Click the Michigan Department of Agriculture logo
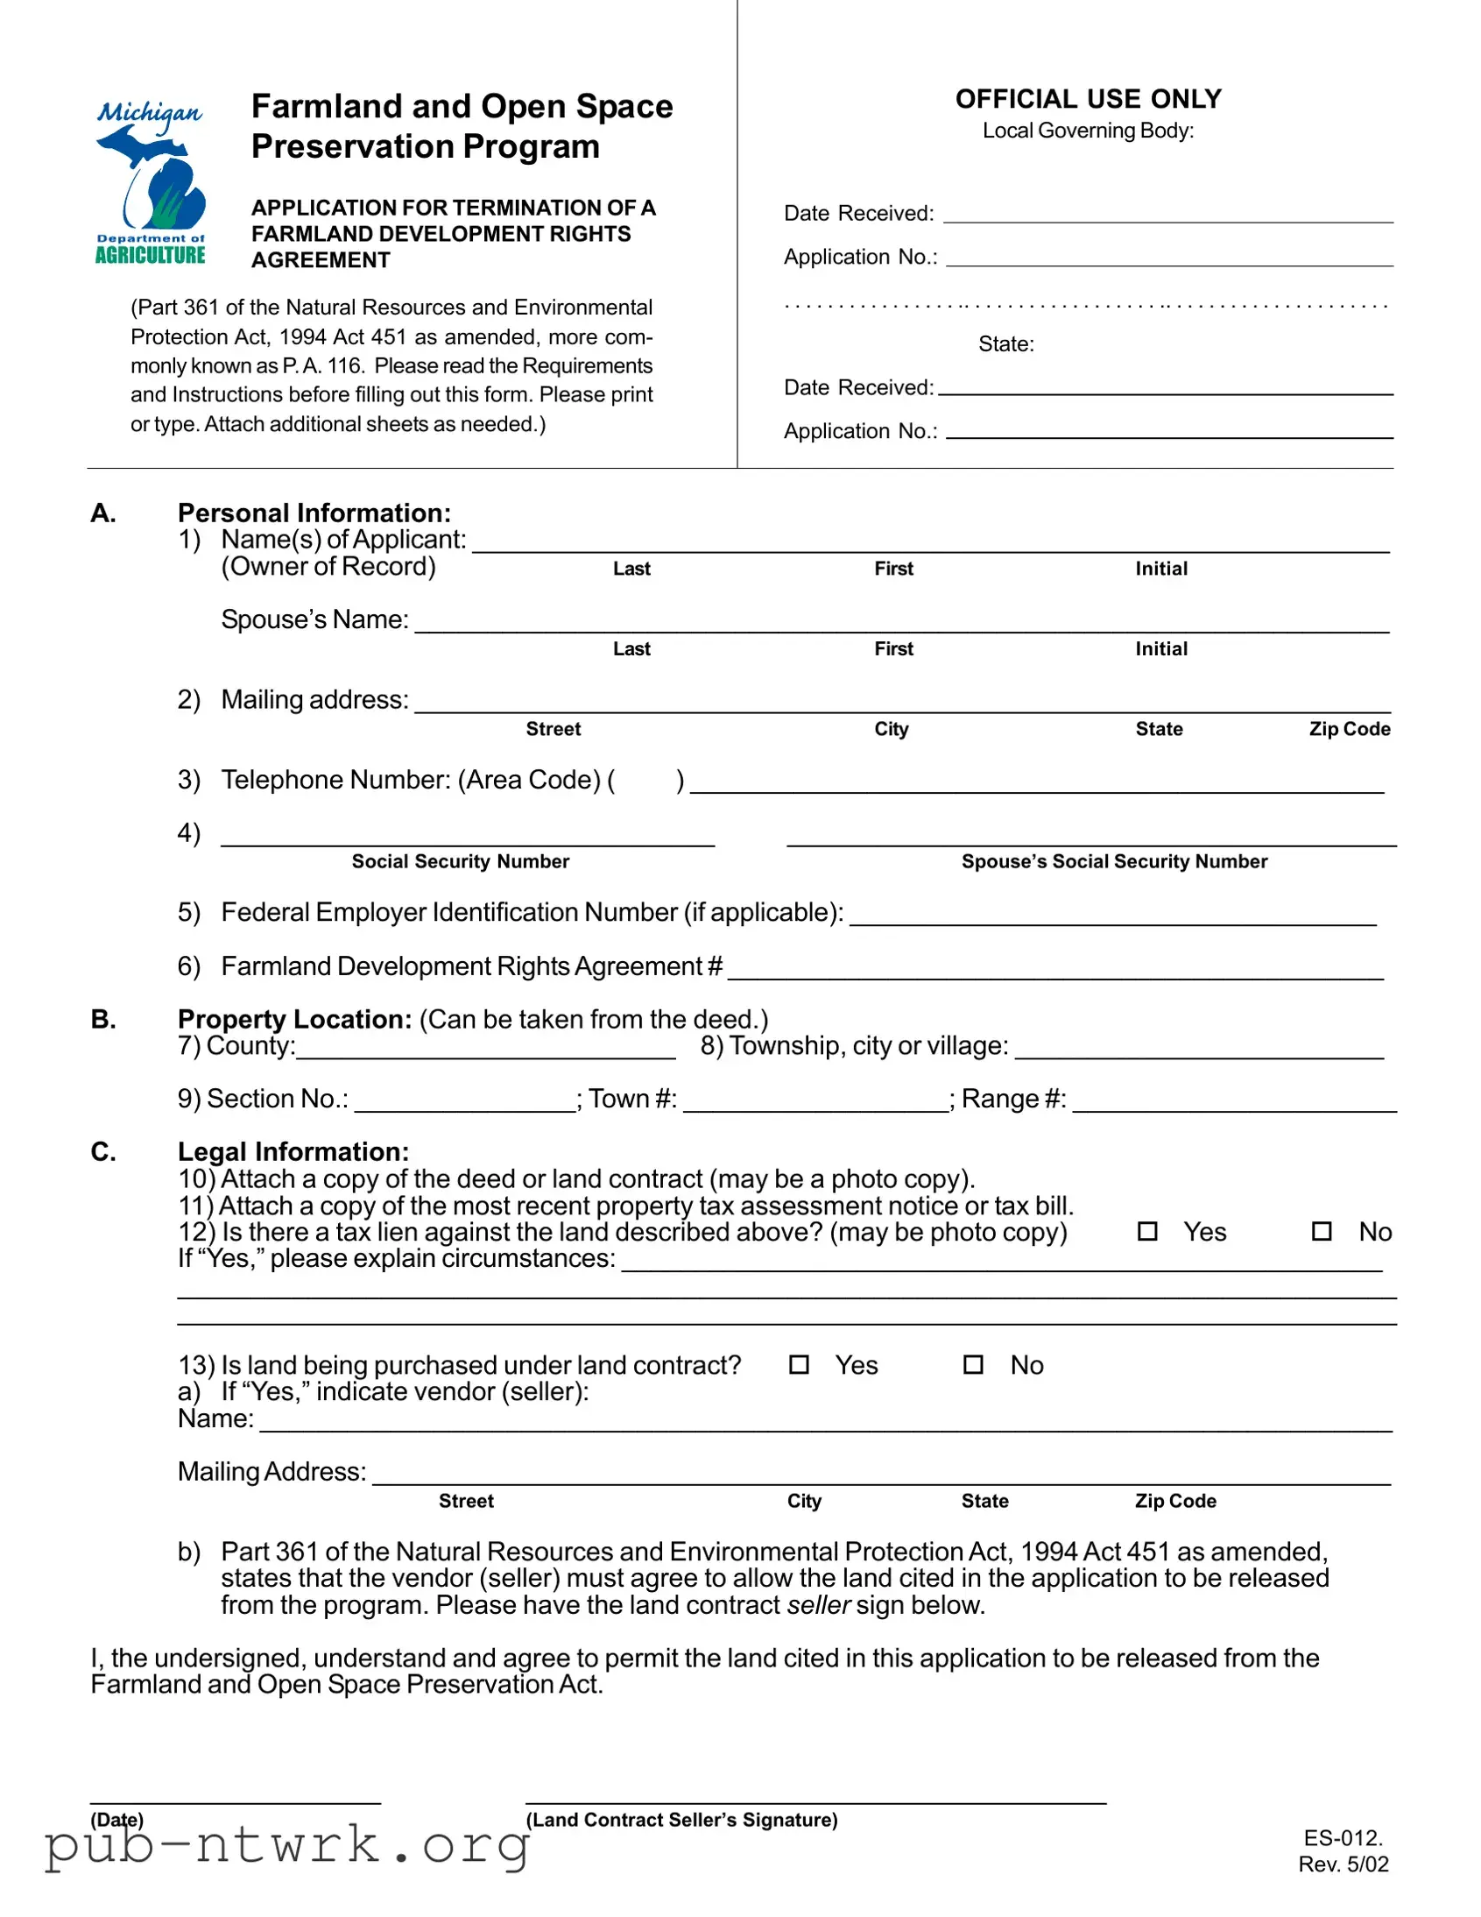[150, 182]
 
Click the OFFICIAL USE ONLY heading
[1088, 99]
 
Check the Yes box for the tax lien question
[1146, 1232]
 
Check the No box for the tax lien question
[1322, 1232]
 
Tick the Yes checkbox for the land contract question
[799, 1365]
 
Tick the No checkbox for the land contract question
[973, 1365]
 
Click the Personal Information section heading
[314, 513]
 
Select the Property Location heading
[295, 1019]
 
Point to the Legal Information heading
[293, 1151]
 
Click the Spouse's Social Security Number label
[1114, 862]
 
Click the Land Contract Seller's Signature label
[681, 1820]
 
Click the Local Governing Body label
[1088, 131]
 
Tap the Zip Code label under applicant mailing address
[1350, 730]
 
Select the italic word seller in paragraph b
[819, 1605]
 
